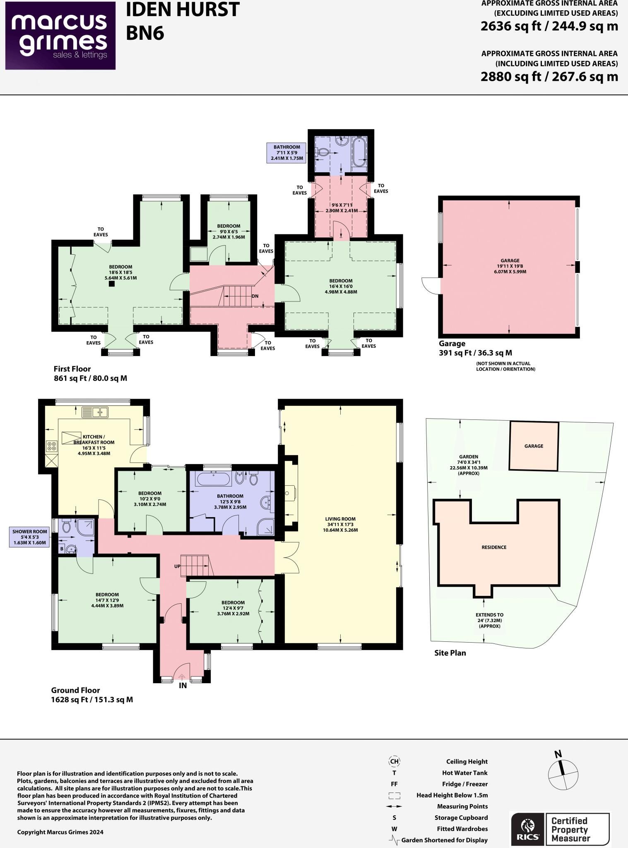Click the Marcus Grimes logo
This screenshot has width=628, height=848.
60,36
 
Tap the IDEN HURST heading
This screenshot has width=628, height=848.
183,10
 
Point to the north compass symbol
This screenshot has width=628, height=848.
563,773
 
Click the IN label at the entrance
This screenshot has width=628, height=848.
183,686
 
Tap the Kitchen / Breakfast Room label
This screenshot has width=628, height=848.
94,445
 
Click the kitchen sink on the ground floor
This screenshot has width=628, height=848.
95,412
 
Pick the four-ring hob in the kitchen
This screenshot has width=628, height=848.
52,446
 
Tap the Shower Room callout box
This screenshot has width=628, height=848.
29,537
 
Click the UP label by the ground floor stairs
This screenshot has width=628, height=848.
177,566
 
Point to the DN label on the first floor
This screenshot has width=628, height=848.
255,296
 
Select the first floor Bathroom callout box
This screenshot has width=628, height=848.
286,152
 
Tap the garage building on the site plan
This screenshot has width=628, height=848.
534,446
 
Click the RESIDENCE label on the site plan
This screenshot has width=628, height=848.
494,547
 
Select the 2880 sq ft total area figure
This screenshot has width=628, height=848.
549,77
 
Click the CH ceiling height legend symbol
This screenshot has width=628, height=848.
394,761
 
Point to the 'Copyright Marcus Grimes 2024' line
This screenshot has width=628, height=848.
60,832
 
